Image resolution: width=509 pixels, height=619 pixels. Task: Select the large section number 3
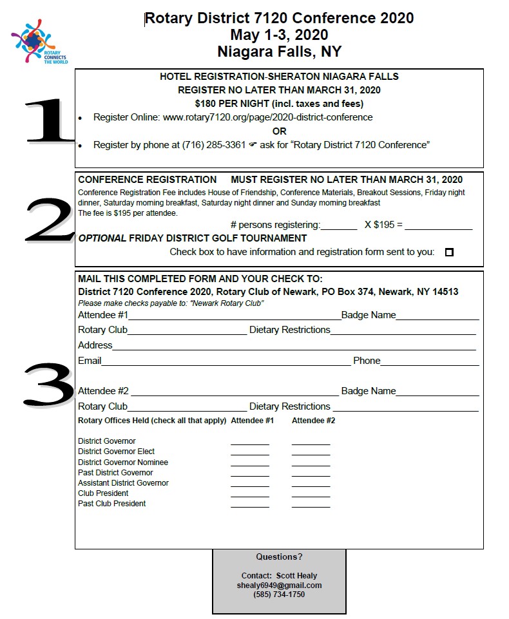click(49, 385)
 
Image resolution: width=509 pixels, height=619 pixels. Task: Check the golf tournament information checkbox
click(449, 252)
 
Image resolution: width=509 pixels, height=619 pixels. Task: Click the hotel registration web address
click(267, 117)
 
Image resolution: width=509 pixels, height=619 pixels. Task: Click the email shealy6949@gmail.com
click(279, 586)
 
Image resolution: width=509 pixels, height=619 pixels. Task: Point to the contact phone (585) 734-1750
click(279, 595)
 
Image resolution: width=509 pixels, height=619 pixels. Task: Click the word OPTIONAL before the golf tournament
click(102, 238)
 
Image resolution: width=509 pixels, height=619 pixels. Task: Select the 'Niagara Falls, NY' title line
click(279, 52)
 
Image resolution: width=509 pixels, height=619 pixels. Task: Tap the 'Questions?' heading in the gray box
click(279, 557)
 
